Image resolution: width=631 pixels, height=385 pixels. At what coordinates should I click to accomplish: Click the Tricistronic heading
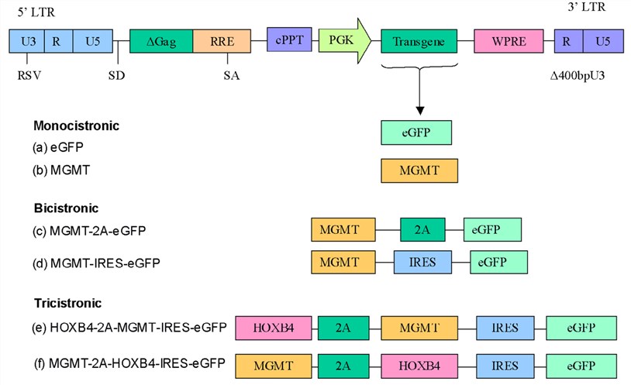[x=67, y=303]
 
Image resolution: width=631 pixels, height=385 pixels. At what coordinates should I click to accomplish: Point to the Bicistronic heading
[x=66, y=208]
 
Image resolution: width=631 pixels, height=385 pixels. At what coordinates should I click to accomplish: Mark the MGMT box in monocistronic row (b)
[x=419, y=170]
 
